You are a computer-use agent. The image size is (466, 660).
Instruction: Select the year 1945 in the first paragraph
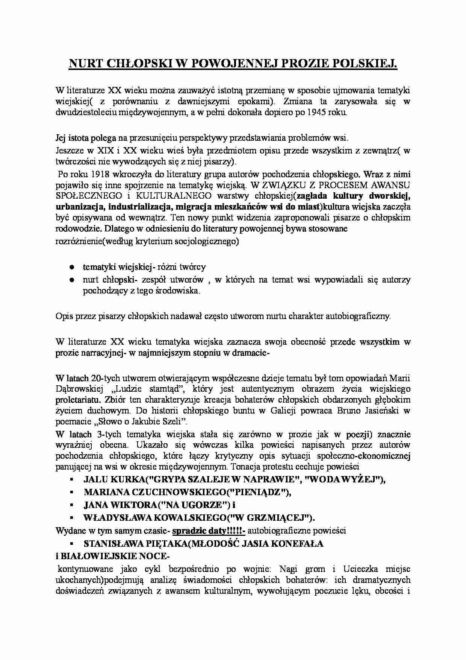point(319,112)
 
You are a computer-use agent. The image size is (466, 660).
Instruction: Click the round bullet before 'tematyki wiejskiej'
point(71,267)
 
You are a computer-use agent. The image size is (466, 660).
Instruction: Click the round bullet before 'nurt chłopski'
point(71,280)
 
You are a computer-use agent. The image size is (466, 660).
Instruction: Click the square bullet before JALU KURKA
point(71,480)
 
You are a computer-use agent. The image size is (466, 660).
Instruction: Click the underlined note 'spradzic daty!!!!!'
point(209,531)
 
